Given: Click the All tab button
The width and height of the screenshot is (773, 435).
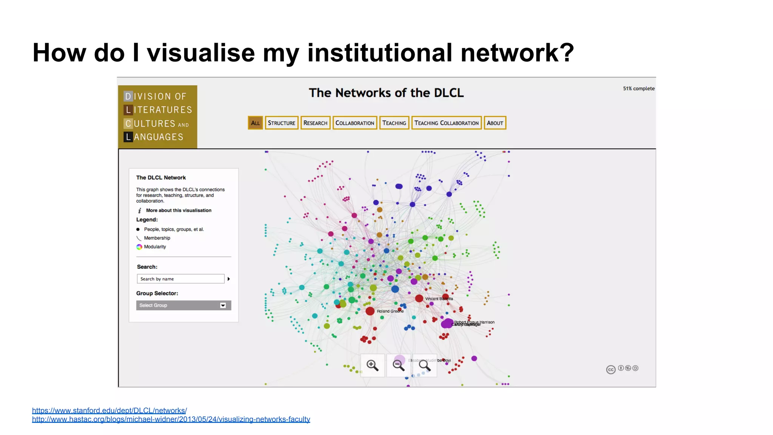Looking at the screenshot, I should coord(255,123).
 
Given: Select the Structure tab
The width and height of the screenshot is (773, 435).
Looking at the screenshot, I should coord(282,123).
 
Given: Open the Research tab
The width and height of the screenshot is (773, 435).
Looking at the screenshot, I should coord(315,123).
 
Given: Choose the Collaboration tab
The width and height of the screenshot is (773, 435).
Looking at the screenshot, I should coord(355,123).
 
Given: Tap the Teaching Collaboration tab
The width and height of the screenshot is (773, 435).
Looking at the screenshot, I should coord(446,123).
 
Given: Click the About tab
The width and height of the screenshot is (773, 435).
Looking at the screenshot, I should coord(495,123).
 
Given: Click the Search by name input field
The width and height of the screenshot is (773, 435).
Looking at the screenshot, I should coord(180,279).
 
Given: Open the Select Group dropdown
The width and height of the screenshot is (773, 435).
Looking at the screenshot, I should coord(183,305).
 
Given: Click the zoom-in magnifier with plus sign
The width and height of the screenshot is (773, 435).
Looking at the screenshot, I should coord(373,365).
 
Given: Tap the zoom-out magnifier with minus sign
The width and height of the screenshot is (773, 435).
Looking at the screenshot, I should coord(399,365).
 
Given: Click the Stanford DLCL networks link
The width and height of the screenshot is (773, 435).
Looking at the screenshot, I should coord(109,410).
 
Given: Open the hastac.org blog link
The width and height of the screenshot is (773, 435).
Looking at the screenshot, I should coord(171,419).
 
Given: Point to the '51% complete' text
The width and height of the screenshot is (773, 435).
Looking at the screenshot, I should coord(639,88).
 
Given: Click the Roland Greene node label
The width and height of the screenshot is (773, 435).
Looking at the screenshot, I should coord(390,311).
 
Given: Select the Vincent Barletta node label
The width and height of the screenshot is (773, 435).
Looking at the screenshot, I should coord(439,299).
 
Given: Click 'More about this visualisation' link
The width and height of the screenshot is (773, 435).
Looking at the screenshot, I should coord(179,210).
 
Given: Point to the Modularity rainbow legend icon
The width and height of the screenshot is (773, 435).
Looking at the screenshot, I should coord(139,247).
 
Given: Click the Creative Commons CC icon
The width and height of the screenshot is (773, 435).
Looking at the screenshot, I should coord(611,370).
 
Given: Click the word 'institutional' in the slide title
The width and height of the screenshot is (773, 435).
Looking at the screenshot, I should coord(380,52).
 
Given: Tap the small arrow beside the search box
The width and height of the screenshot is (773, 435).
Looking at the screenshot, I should coord(229,279).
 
